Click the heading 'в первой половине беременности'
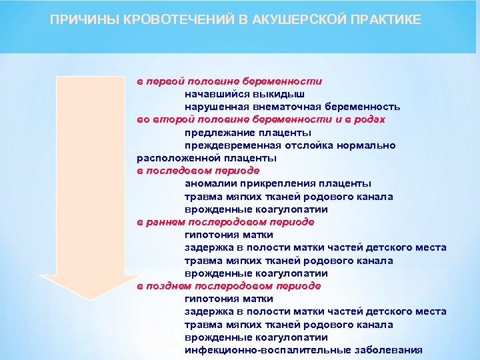pyautogui.click(x=229, y=81)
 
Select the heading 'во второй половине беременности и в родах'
pyautogui.click(x=261, y=119)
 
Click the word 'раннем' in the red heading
pyautogui.click(x=167, y=222)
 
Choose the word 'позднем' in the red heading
pyautogui.click(x=169, y=286)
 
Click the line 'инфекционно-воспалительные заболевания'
pyautogui.click(x=303, y=350)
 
